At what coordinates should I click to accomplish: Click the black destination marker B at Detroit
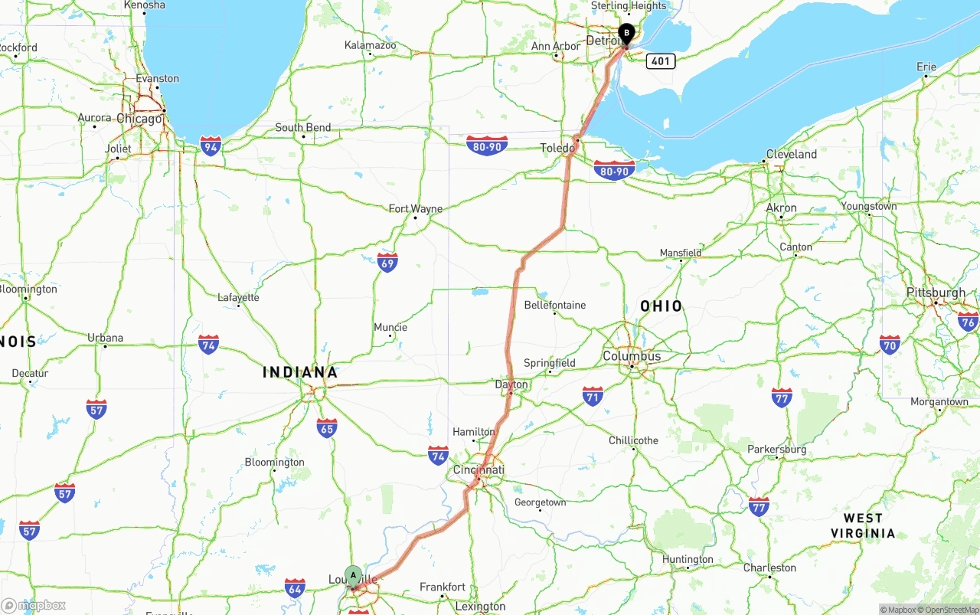coord(626,34)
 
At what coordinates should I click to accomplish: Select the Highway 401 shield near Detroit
coord(660,61)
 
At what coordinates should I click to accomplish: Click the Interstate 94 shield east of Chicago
coord(211,145)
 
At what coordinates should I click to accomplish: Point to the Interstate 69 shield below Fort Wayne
coord(387,263)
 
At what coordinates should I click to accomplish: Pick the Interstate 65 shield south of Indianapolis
coord(327,427)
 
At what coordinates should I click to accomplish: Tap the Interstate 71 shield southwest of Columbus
coord(593,396)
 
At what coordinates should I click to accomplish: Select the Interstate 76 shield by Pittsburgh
coord(968,321)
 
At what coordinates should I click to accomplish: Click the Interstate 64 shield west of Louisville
coord(295,588)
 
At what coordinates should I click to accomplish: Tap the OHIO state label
coord(661,306)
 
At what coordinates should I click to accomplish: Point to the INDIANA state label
coord(300,373)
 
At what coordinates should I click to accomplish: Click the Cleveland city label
coord(792,154)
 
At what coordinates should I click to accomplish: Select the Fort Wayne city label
coord(416,208)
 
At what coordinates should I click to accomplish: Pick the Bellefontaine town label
coord(555,305)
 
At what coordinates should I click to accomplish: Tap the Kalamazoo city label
coord(371,45)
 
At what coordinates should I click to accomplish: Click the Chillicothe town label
coord(633,440)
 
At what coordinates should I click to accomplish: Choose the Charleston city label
coord(769,568)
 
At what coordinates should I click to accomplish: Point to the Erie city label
coord(926,67)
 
